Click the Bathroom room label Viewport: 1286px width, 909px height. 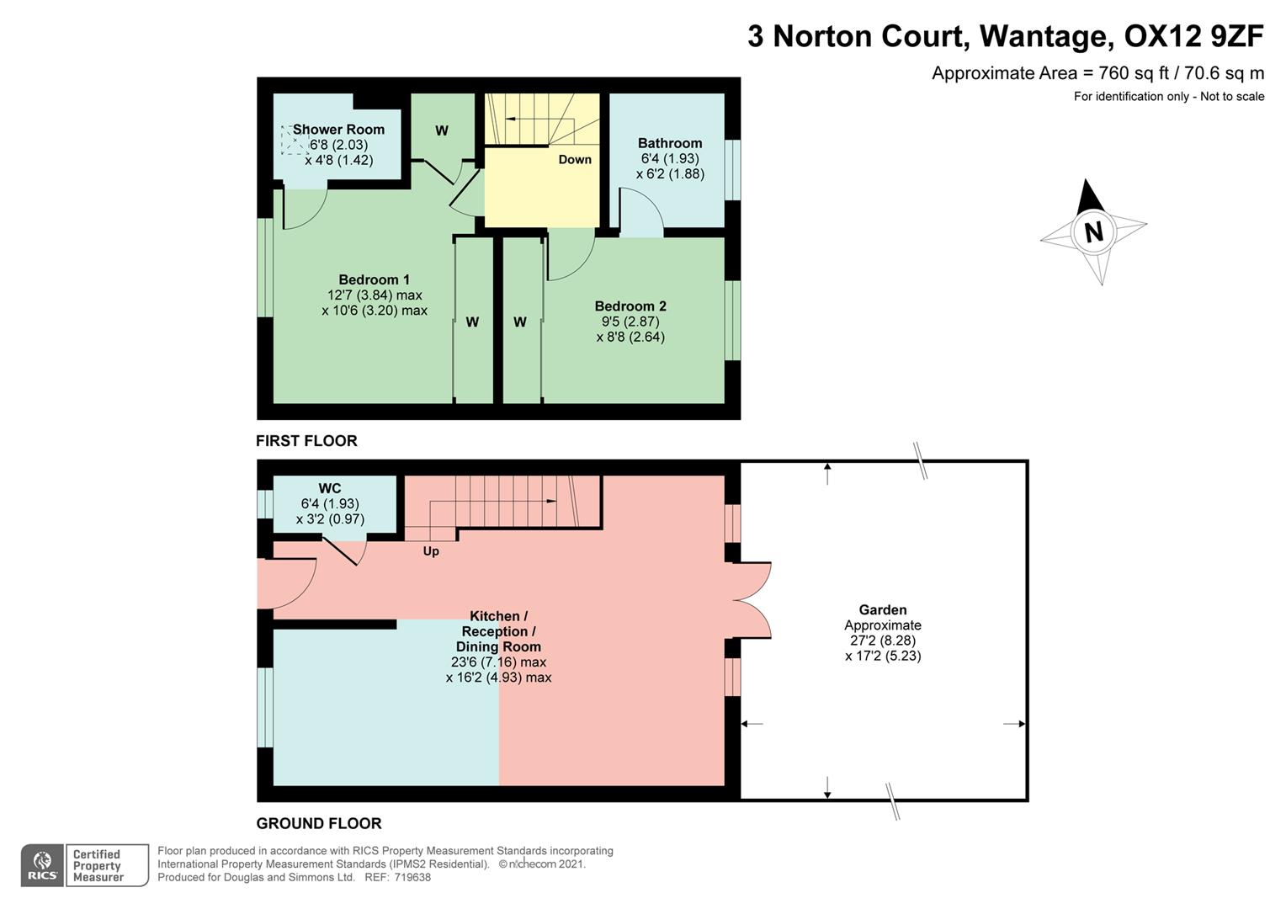pyautogui.click(x=669, y=143)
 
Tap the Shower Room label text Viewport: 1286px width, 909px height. pyautogui.click(x=338, y=130)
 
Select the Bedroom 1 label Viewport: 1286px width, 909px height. pyautogui.click(x=374, y=279)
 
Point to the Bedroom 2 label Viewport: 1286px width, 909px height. pyautogui.click(x=630, y=306)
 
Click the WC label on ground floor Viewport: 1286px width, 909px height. pyautogui.click(x=329, y=488)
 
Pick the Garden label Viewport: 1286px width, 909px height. pyautogui.click(x=883, y=610)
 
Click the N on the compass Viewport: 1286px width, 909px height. pyautogui.click(x=1093, y=231)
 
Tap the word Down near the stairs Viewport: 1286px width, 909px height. pyautogui.click(x=575, y=159)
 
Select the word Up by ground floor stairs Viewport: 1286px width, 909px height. pyautogui.click(x=431, y=551)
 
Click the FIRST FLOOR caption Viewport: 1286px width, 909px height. pyautogui.click(x=306, y=441)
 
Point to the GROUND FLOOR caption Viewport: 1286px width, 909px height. pyautogui.click(x=319, y=823)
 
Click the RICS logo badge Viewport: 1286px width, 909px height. pyautogui.click(x=42, y=865)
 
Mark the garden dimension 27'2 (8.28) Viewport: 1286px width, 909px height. pyautogui.click(x=881, y=641)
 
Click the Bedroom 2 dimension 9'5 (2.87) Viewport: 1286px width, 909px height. pyautogui.click(x=630, y=322)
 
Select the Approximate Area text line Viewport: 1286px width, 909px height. pyautogui.click(x=1097, y=73)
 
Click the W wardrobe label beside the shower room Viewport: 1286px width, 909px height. pyautogui.click(x=442, y=130)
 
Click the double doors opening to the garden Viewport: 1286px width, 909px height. pyautogui.click(x=752, y=600)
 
